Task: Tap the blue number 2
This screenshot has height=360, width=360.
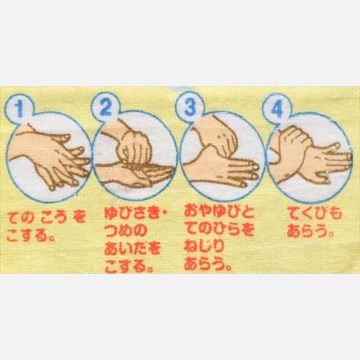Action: (106, 107)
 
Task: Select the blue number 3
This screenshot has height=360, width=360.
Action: (190, 107)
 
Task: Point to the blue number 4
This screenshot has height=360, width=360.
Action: (276, 109)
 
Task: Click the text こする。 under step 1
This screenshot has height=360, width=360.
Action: (30, 235)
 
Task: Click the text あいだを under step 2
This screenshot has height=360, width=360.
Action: (132, 248)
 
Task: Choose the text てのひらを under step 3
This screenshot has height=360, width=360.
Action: (220, 229)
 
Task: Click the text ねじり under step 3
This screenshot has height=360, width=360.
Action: (204, 246)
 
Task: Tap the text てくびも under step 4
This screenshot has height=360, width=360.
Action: (315, 213)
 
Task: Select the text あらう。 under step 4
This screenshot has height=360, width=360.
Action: (310, 230)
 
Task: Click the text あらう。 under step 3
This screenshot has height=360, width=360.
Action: (208, 264)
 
